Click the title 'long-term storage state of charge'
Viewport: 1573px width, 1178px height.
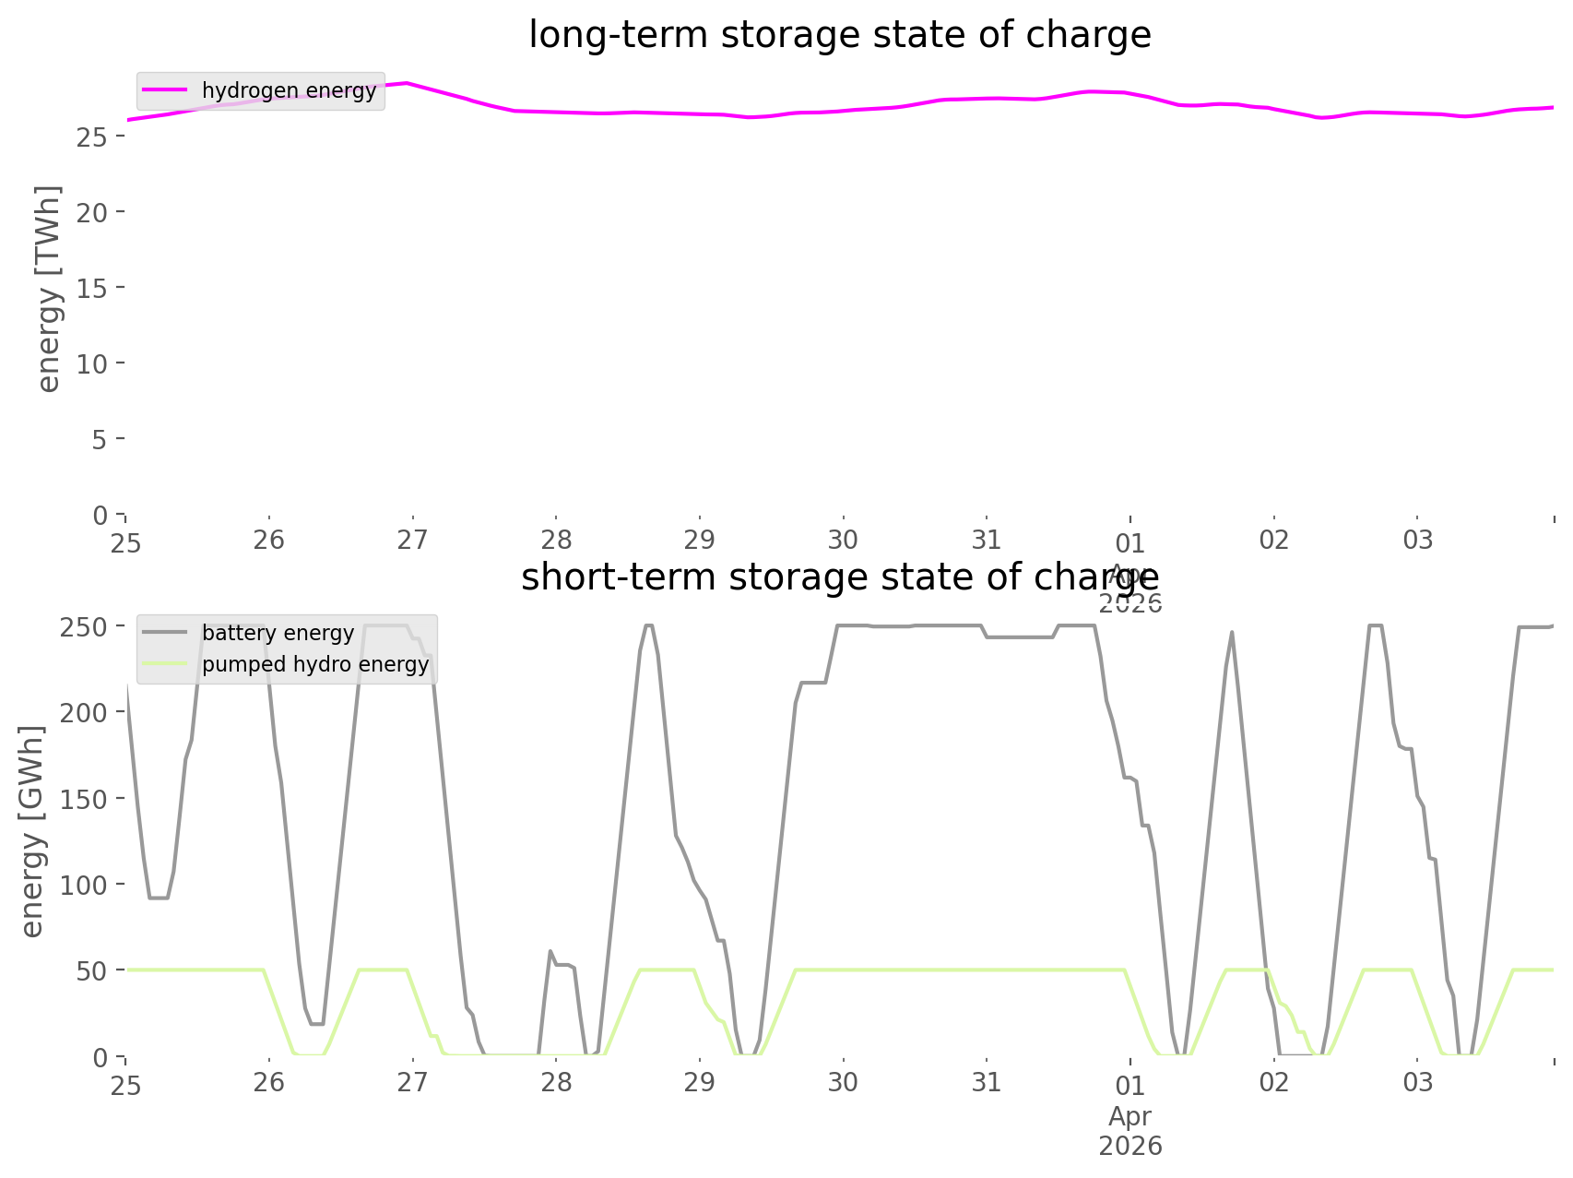pyautogui.click(x=839, y=35)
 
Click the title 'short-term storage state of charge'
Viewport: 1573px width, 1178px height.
pyautogui.click(x=839, y=577)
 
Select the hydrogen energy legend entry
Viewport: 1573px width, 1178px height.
pyautogui.click(x=289, y=91)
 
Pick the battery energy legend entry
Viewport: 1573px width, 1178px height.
pyautogui.click(x=278, y=634)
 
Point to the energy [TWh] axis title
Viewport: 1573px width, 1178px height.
pyautogui.click(x=49, y=288)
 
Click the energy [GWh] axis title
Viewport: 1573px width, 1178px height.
pyautogui.click(x=32, y=832)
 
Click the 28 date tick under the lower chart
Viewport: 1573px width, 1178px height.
pyautogui.click(x=556, y=1083)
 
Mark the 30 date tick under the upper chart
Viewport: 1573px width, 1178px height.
pyautogui.click(x=843, y=541)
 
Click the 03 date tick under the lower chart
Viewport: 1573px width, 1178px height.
pyautogui.click(x=1417, y=1083)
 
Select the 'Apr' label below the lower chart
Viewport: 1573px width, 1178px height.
pyautogui.click(x=1129, y=1116)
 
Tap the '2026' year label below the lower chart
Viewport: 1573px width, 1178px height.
pyautogui.click(x=1129, y=1147)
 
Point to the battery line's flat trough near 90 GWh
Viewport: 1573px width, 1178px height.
pyautogui.click(x=160, y=898)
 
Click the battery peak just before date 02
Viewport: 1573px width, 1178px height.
pyautogui.click(x=1232, y=633)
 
